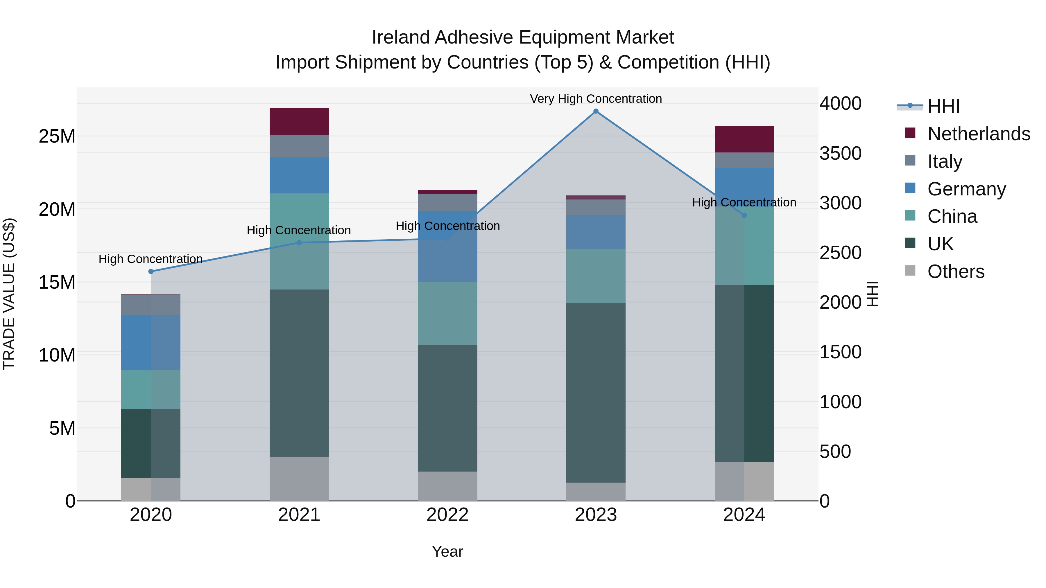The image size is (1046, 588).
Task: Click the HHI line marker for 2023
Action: [x=596, y=111]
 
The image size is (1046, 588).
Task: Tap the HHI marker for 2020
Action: [x=151, y=271]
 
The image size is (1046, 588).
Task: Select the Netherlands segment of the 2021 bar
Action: [x=299, y=121]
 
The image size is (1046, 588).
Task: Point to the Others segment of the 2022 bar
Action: [x=447, y=486]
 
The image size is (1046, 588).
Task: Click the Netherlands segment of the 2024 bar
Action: [x=744, y=139]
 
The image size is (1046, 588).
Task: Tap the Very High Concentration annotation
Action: [x=596, y=99]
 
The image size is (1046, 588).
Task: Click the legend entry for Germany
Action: [x=966, y=189]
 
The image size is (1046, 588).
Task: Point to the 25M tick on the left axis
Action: [x=57, y=136]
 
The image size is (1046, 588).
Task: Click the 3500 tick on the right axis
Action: [x=840, y=153]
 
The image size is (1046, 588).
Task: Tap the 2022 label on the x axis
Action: [x=447, y=515]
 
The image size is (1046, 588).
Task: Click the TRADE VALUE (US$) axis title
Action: [x=9, y=294]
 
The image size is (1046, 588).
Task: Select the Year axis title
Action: [x=447, y=551]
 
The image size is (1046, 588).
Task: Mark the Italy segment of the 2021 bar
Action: [x=299, y=146]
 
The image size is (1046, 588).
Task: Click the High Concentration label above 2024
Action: [x=744, y=202]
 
